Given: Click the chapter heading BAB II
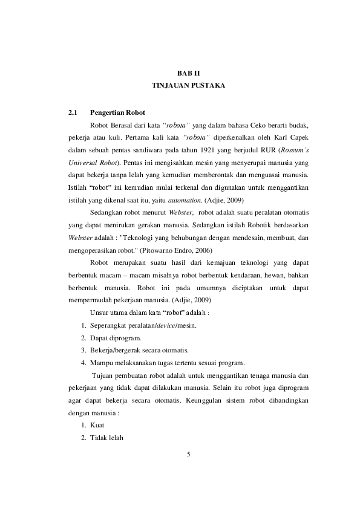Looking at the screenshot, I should [188, 73].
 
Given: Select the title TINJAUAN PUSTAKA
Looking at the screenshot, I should [188, 86].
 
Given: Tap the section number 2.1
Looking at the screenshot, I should [73, 112].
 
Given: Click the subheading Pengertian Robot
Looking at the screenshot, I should [117, 112].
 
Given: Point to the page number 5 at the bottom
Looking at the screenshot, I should [189, 454].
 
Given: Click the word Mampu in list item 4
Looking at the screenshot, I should [100, 363].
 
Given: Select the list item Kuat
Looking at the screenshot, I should [97, 426].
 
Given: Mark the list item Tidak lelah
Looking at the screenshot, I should [106, 438].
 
